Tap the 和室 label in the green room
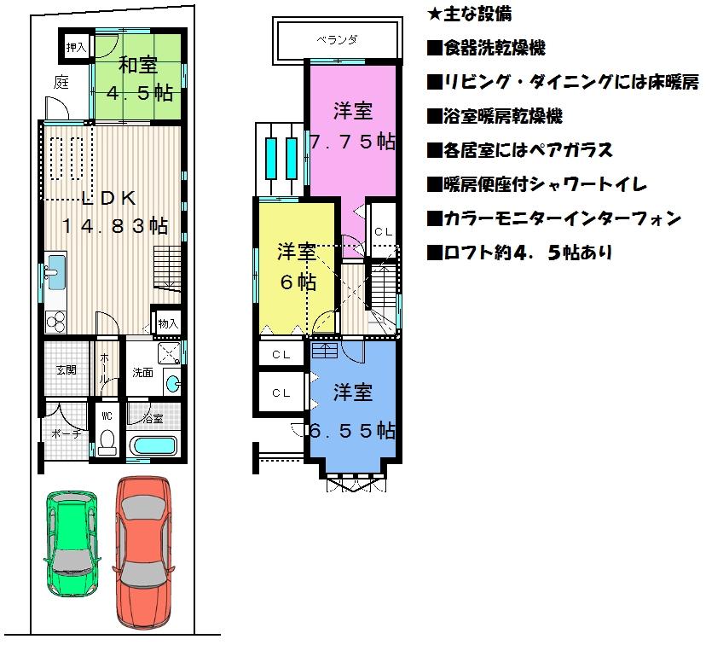(x=136, y=65)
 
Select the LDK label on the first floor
(x=110, y=198)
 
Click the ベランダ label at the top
(x=337, y=39)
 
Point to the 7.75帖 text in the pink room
(x=353, y=142)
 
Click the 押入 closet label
(x=76, y=46)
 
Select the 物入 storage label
(x=167, y=323)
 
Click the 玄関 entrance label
(x=66, y=369)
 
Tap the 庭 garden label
(x=61, y=83)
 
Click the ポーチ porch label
(x=65, y=433)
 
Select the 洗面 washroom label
(x=142, y=372)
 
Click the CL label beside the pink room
(x=383, y=231)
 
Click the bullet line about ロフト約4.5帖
(x=519, y=253)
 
